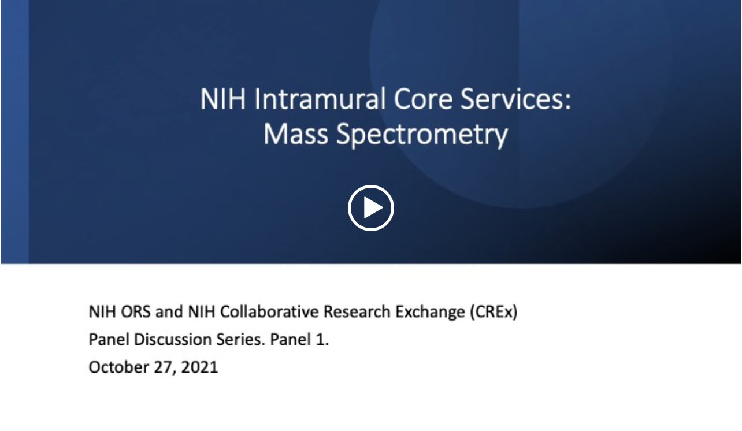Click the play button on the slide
tap(370, 208)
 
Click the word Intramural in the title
tap(320, 99)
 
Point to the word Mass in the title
tap(296, 134)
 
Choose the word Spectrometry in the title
tap(422, 136)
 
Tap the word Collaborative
tap(270, 311)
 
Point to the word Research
tap(357, 311)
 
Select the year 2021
tap(199, 367)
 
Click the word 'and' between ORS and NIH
tap(169, 311)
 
